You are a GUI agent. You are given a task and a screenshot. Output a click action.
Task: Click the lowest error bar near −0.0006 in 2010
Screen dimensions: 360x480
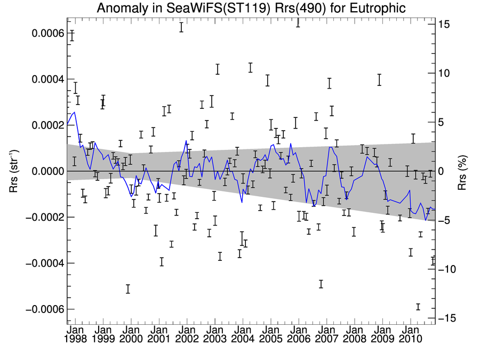click(x=418, y=307)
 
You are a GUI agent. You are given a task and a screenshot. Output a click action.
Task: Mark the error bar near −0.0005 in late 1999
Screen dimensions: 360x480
click(x=128, y=289)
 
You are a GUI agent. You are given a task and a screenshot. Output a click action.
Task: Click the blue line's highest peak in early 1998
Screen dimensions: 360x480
click(x=75, y=112)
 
